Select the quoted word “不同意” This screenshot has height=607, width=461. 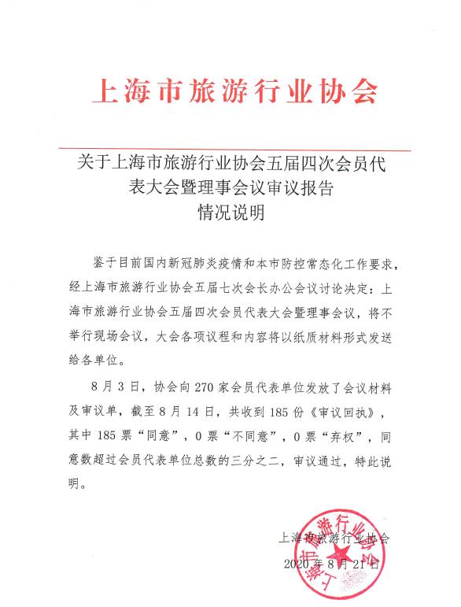tap(248, 435)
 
